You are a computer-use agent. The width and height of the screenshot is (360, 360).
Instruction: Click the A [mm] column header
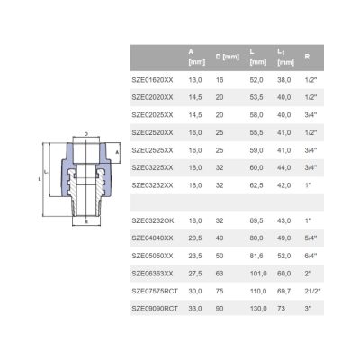pyautogui.click(x=197, y=57)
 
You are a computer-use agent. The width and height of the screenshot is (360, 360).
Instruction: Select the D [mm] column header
pyautogui.click(x=228, y=57)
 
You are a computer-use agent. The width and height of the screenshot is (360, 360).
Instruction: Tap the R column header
pyautogui.click(x=307, y=57)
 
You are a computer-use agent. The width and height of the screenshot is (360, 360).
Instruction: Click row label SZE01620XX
pyautogui.click(x=152, y=80)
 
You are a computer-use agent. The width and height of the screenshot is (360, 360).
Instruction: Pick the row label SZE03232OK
pyautogui.click(x=153, y=220)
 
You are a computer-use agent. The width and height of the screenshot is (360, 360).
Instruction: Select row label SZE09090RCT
pyautogui.click(x=155, y=309)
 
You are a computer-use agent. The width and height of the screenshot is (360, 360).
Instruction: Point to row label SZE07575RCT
pyautogui.click(x=155, y=291)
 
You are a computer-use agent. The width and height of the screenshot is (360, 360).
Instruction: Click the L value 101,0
pyautogui.click(x=258, y=274)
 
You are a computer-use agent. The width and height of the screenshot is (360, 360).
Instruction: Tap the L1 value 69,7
pyautogui.click(x=284, y=291)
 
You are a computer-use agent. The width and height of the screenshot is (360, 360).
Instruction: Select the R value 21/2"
pyautogui.click(x=312, y=291)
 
